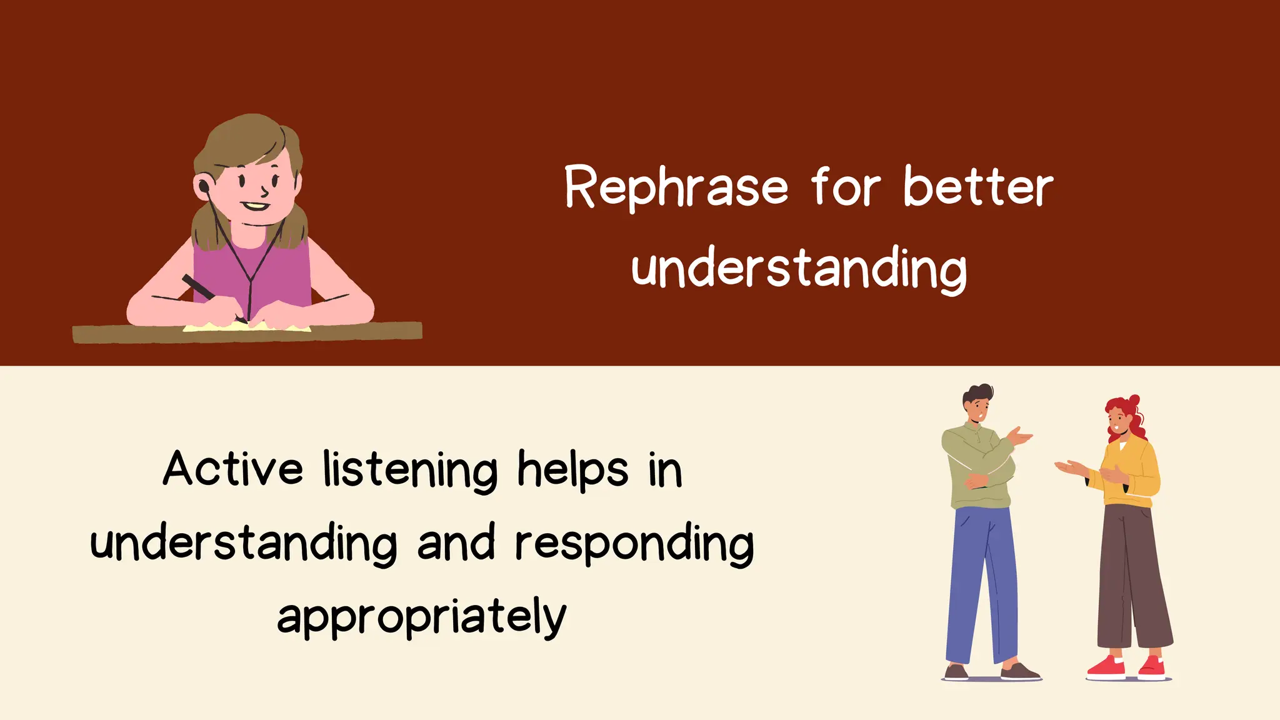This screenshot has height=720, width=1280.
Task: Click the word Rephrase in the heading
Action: [x=676, y=187]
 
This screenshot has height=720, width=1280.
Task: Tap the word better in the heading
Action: [x=978, y=187]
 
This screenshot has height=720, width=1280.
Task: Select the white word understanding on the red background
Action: [x=799, y=269]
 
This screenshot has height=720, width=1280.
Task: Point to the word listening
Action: [x=410, y=470]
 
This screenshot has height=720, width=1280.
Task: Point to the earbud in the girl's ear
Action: [x=204, y=186]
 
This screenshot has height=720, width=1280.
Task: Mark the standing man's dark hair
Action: [x=977, y=394]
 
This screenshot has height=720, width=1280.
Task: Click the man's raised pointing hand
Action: [x=1019, y=436]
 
